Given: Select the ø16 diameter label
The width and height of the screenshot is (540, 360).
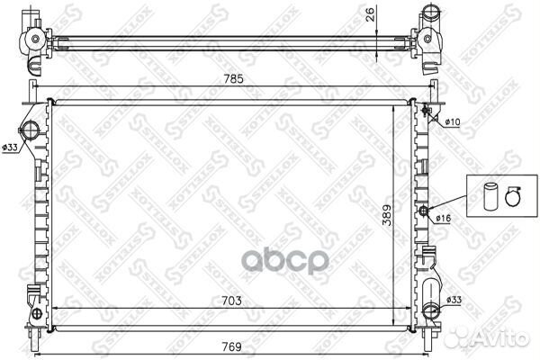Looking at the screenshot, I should pos(445,217).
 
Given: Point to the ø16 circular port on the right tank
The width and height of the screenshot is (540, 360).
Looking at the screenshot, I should pos(425,211).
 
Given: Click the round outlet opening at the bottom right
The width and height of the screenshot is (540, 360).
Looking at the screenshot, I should pos(432,311).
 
